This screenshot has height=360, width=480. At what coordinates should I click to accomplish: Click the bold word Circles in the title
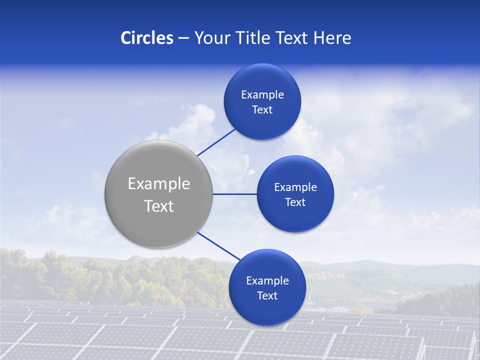(146, 38)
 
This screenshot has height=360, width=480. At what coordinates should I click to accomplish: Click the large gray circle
(158, 165)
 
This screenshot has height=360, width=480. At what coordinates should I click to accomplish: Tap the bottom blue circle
(267, 310)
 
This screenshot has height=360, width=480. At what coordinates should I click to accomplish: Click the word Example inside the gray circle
(159, 184)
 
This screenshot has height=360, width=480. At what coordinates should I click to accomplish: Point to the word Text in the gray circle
(159, 206)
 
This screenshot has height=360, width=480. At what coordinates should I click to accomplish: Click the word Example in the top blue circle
(262, 95)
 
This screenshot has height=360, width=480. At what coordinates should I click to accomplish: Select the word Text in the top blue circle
(262, 110)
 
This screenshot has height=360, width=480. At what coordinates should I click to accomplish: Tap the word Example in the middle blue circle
(295, 187)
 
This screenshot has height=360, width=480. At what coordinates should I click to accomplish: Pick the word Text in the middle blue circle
(295, 202)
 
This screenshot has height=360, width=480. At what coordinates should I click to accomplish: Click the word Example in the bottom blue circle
(267, 281)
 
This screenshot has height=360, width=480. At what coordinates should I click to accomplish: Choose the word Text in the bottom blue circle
(267, 296)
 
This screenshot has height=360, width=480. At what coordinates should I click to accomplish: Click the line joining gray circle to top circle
(216, 142)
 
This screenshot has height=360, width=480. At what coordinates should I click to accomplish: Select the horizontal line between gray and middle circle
(234, 194)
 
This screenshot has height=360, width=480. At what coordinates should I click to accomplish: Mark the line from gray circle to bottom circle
(219, 246)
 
